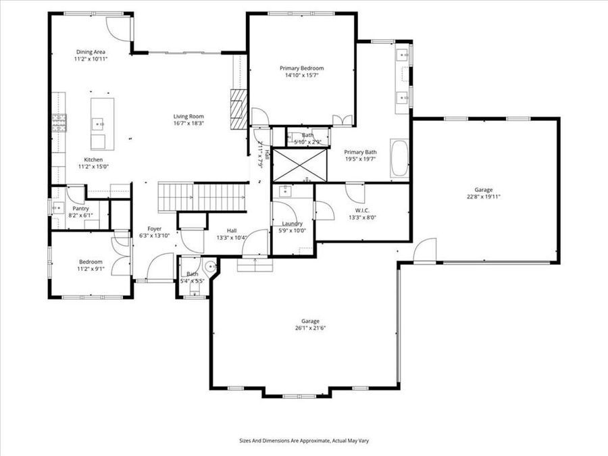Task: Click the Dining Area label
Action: coord(90,51)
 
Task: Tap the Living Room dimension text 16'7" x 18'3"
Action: coord(188,124)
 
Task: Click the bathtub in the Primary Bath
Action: coord(400,157)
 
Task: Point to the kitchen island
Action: coord(102,124)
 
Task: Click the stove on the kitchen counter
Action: coord(59,122)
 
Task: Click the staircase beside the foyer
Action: coord(203,197)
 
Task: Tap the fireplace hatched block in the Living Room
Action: coord(236,108)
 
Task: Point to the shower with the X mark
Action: coord(299,164)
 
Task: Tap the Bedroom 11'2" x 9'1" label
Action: coord(90,265)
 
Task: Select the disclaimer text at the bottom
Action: coord(303,440)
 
